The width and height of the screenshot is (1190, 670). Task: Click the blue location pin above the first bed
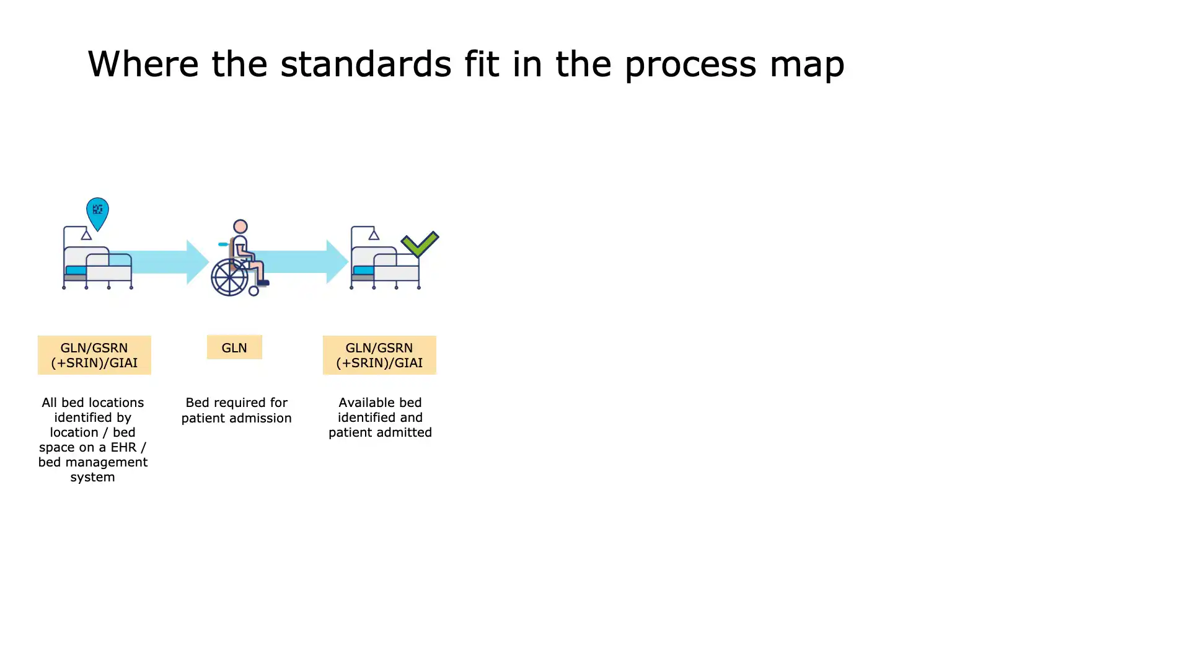point(97,212)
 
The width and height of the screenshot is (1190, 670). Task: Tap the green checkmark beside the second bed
point(420,244)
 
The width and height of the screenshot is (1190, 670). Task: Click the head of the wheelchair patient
point(240,226)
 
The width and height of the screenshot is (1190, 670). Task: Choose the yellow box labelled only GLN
point(234,348)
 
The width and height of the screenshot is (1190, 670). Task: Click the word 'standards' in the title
point(366,64)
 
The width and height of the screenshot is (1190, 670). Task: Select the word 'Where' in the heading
point(143,64)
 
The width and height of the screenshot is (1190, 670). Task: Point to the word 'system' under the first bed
point(92,477)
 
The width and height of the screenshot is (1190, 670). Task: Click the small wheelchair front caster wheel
point(253,290)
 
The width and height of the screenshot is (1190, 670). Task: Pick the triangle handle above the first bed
point(86,234)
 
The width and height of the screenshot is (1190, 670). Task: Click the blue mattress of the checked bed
point(363,270)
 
